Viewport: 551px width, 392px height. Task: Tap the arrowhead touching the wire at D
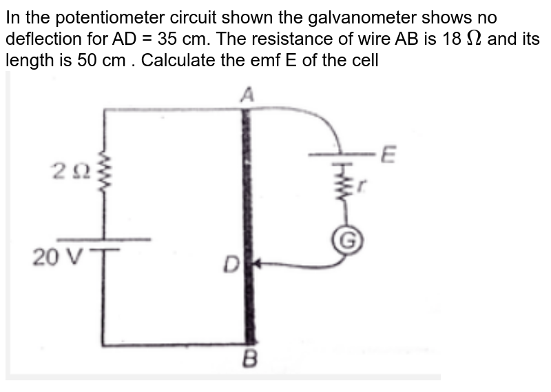click(x=258, y=263)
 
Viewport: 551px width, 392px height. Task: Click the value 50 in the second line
click(x=80, y=59)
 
